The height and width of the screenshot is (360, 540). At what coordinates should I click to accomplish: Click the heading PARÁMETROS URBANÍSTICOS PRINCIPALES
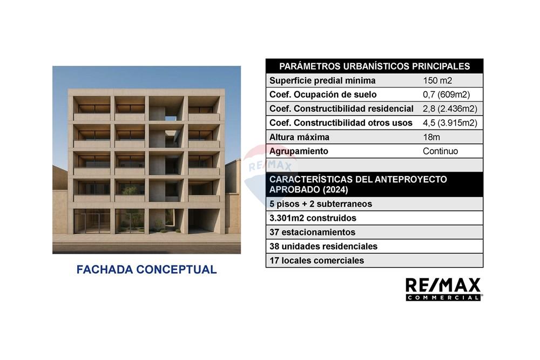pyautogui.click(x=374, y=66)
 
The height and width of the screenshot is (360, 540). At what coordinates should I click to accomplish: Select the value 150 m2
pyautogui.click(x=437, y=81)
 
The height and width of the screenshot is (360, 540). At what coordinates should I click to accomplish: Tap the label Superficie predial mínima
pyautogui.click(x=322, y=81)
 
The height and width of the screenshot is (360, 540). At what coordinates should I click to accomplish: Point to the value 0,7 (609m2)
pyautogui.click(x=446, y=95)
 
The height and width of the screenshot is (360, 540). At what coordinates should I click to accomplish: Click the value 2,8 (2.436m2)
pyautogui.click(x=450, y=109)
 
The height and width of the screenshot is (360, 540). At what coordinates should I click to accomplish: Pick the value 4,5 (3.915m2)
pyautogui.click(x=450, y=123)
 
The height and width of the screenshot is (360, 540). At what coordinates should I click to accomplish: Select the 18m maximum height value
pyautogui.click(x=432, y=137)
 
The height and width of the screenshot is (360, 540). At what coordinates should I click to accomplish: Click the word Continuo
pyautogui.click(x=440, y=151)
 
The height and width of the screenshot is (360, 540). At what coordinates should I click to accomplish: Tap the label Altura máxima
pyautogui.click(x=299, y=137)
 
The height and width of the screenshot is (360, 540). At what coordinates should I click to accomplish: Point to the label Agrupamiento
pyautogui.click(x=299, y=151)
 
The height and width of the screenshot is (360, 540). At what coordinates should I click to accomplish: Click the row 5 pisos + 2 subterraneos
pyautogui.click(x=321, y=204)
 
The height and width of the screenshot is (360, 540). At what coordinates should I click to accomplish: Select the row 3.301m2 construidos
pyautogui.click(x=313, y=218)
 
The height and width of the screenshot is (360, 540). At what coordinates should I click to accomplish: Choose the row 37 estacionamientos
pyautogui.click(x=312, y=232)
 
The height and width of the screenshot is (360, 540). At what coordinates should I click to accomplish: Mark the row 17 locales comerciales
pyautogui.click(x=316, y=260)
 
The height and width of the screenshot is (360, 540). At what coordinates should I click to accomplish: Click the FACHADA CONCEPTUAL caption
pyautogui.click(x=146, y=269)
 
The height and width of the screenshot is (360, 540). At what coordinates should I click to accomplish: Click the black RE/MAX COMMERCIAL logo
pyautogui.click(x=443, y=289)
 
